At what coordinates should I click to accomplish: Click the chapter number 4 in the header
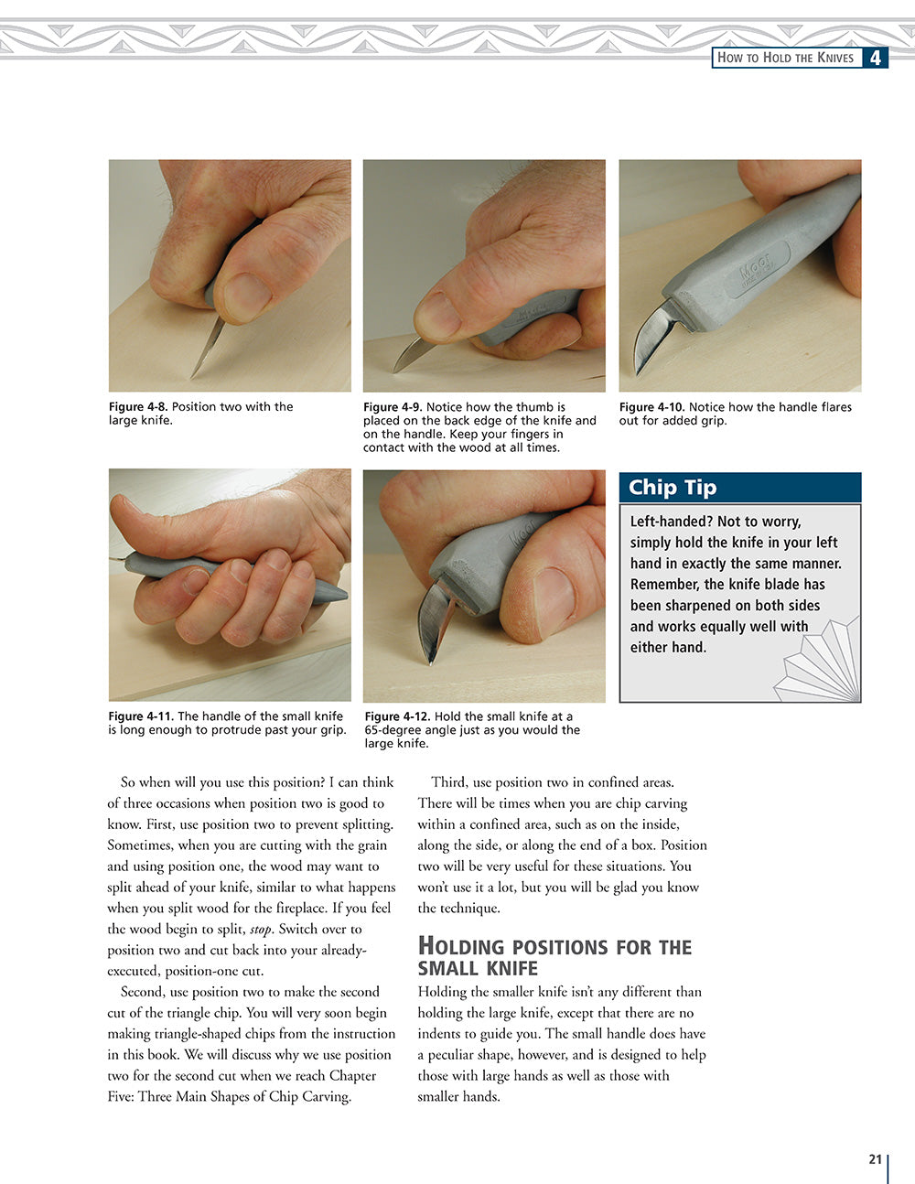[x=876, y=58]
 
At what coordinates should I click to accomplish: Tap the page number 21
[x=875, y=1159]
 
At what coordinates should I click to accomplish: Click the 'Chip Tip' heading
[x=673, y=488]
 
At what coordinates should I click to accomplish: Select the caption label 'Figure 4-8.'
[x=138, y=407]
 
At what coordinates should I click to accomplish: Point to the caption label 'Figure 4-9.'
[x=393, y=407]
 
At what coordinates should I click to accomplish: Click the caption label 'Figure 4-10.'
[x=651, y=407]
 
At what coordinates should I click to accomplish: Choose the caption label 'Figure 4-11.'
[x=141, y=716]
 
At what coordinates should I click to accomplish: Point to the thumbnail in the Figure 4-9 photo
[x=438, y=313]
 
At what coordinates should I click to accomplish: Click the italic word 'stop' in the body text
[x=261, y=930]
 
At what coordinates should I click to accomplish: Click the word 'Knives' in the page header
[x=833, y=58]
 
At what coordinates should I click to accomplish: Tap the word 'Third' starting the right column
[x=449, y=782]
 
